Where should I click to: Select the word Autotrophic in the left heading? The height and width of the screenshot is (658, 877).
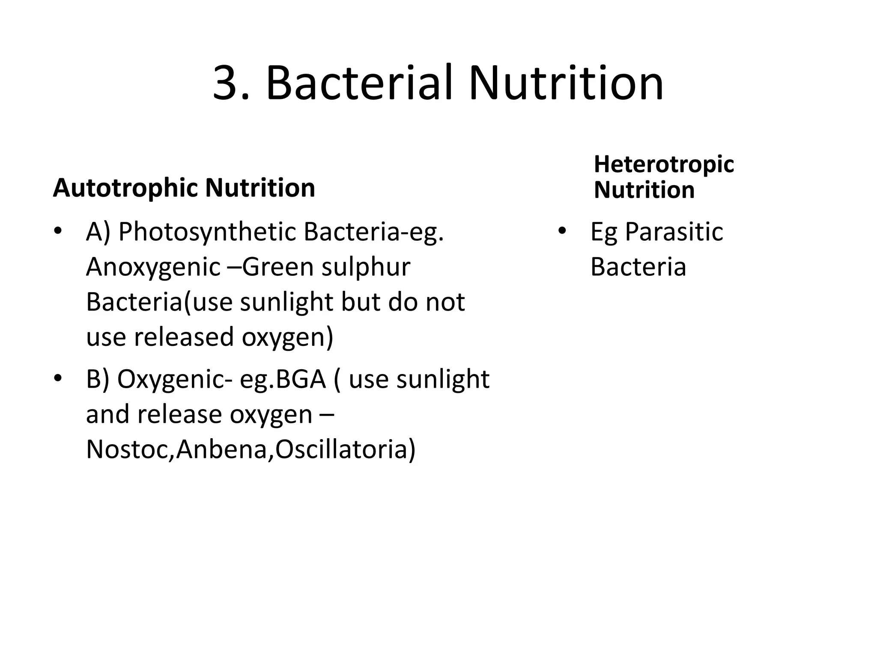pyautogui.click(x=126, y=188)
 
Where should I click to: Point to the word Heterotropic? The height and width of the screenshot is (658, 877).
pyautogui.click(x=664, y=164)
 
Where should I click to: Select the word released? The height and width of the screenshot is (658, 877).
pyautogui.click(x=185, y=337)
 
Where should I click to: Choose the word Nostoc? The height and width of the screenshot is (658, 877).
pyautogui.click(x=128, y=450)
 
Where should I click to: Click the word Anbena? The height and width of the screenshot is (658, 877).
pyautogui.click(x=222, y=450)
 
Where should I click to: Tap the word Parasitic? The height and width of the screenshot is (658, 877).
pyautogui.click(x=674, y=233)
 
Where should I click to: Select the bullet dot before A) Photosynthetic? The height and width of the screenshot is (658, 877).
pyautogui.click(x=57, y=231)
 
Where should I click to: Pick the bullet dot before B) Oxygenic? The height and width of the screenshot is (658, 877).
pyautogui.click(x=57, y=379)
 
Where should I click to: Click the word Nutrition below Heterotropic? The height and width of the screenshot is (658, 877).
pyautogui.click(x=644, y=190)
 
